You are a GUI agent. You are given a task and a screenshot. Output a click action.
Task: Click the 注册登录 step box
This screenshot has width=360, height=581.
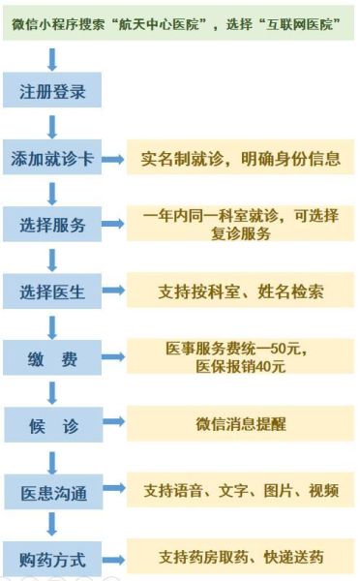52,93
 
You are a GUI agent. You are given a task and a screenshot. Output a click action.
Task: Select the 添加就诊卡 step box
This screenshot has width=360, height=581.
52,159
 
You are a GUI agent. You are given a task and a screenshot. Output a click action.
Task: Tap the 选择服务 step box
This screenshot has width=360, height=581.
52,226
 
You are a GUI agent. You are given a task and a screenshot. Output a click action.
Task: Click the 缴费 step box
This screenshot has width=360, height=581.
52,358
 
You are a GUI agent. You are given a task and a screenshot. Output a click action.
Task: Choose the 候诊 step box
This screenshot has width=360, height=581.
52,424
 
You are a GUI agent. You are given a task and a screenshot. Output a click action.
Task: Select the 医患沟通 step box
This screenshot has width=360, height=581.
52,492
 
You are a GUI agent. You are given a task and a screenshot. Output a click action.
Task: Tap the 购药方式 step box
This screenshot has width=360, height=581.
52,559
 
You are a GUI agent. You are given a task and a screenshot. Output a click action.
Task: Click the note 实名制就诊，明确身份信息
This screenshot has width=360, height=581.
240,158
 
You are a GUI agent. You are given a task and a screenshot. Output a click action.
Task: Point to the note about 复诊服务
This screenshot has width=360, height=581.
240,225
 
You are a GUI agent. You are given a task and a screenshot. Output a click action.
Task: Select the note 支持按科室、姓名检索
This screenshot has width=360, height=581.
240,290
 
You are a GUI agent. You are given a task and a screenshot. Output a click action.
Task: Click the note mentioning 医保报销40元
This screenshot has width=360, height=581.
240,357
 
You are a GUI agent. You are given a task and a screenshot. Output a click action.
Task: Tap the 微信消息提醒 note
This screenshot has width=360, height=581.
240,423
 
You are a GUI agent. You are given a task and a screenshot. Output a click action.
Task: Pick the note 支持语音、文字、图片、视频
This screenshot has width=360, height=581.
240,491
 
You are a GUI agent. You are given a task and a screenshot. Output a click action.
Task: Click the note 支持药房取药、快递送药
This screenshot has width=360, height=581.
240,558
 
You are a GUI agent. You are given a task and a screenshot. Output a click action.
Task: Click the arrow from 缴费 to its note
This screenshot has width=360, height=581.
113,358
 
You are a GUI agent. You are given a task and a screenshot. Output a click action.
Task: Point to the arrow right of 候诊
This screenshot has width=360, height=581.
113,424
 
